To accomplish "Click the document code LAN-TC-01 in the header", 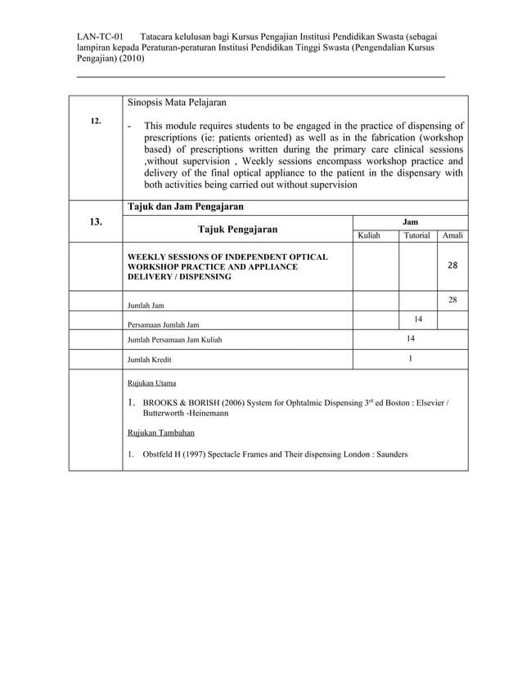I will [x=100, y=38].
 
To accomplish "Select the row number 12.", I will [x=96, y=121].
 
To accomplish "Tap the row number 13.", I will [x=96, y=221].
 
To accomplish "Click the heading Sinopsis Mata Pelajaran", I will [x=176, y=103].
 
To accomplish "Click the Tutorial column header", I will [x=417, y=235].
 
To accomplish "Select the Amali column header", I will [x=452, y=235].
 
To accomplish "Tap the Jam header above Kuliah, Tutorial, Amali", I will [x=410, y=221].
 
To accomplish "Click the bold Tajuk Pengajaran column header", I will [x=237, y=229].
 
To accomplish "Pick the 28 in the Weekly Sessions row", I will [x=452, y=266].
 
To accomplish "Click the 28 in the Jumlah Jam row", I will [x=452, y=301].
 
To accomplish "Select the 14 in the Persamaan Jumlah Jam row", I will [x=418, y=319].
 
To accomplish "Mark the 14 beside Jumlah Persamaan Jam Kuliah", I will [x=410, y=338].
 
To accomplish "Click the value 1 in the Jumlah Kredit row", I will [x=410, y=359].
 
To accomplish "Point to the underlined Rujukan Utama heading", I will [x=151, y=382].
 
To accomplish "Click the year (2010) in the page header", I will [x=130, y=60].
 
